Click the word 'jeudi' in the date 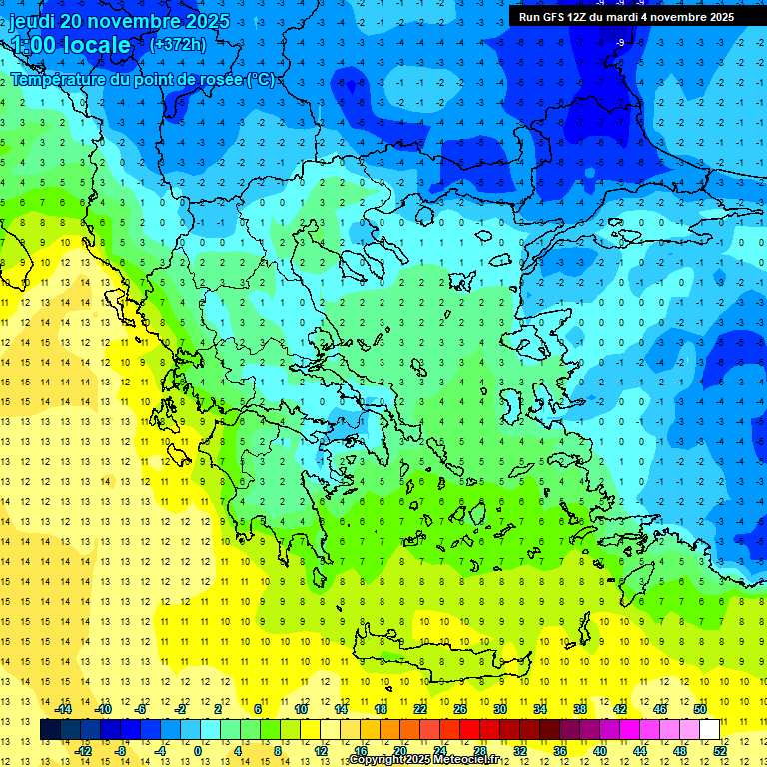tap(33, 21)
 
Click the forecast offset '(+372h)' tap(177, 44)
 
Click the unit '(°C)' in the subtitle tap(260, 79)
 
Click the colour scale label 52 tap(720, 750)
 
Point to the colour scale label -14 tap(64, 708)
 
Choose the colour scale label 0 tap(198, 750)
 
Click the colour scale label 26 tap(460, 708)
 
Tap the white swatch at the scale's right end tap(709, 729)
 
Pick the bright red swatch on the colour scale tap(470, 729)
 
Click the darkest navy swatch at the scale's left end tap(50, 729)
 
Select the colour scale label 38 tap(580, 708)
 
